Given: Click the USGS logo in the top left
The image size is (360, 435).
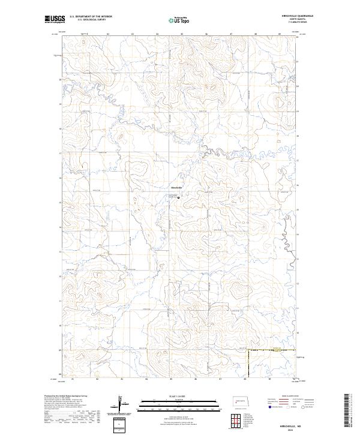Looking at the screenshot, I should pyautogui.click(x=55, y=20).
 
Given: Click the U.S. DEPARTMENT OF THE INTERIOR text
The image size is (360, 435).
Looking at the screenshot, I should pyautogui.click(x=91, y=16).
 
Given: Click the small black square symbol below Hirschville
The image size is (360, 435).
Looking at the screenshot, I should pyautogui.click(x=178, y=196).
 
